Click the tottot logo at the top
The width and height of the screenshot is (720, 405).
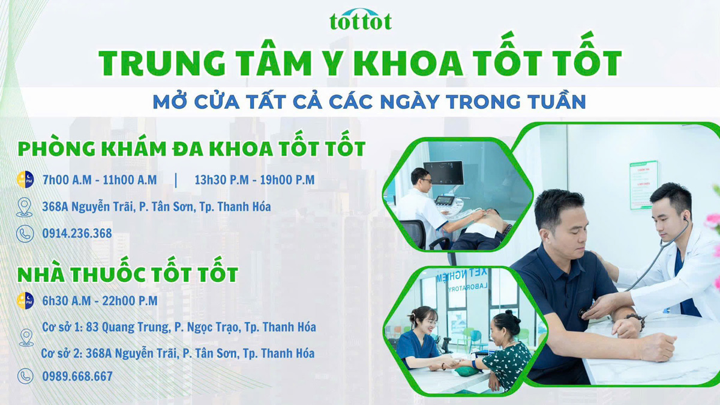[360, 19]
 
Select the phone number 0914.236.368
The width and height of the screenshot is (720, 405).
[77, 233]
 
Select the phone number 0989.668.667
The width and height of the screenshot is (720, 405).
[77, 377]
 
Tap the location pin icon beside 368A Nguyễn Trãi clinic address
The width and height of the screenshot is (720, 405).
[25, 207]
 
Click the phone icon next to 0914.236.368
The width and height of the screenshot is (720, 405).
[25, 234]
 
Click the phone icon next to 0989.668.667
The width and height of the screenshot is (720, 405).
[25, 377]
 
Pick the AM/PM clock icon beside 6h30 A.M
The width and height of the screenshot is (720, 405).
[25, 300]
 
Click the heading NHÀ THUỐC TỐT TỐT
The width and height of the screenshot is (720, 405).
[128, 275]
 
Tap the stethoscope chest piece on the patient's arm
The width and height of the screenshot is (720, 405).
[583, 313]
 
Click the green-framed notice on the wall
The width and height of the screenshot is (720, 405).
[643, 185]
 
